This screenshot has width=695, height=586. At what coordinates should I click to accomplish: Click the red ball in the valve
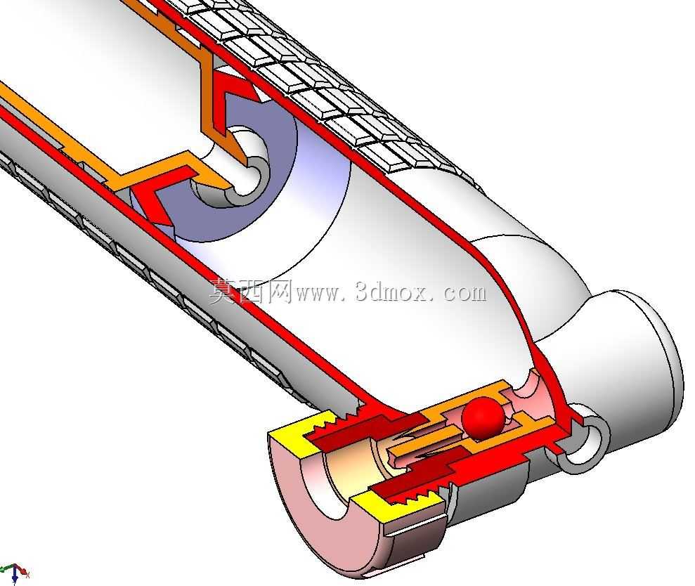pos(483,419)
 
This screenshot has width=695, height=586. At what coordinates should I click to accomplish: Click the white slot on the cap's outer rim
pos(415,530)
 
